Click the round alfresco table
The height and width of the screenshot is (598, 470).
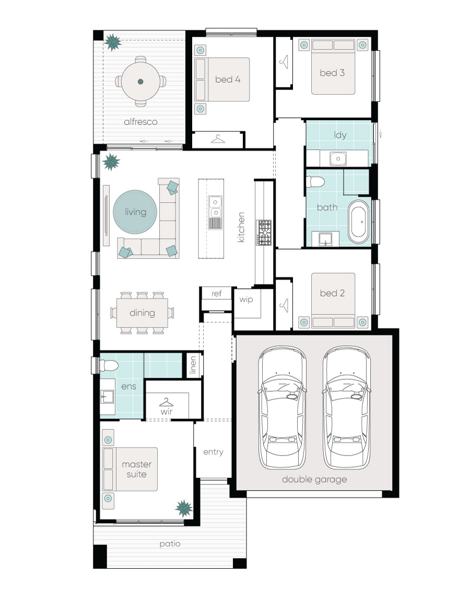coord(140,81)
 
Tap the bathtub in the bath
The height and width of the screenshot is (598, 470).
coord(359,221)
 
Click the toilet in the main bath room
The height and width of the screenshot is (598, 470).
coord(315,181)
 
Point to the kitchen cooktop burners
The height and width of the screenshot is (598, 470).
coord(264,232)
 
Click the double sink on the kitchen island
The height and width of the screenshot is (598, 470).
coord(215,206)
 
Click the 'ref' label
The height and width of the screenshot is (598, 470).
coord(216,294)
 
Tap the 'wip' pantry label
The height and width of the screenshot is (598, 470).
coord(246,300)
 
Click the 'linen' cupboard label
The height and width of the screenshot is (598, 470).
coord(193,366)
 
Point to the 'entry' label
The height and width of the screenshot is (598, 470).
coord(213,452)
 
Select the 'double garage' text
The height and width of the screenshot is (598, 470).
coord(314,479)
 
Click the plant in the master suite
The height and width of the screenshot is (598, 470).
coord(184,507)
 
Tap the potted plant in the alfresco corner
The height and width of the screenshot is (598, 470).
coord(113,41)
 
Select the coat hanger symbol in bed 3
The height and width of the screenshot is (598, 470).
coord(284,62)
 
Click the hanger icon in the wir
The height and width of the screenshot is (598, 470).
coord(167,402)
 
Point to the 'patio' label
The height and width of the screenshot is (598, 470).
coord(170,544)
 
